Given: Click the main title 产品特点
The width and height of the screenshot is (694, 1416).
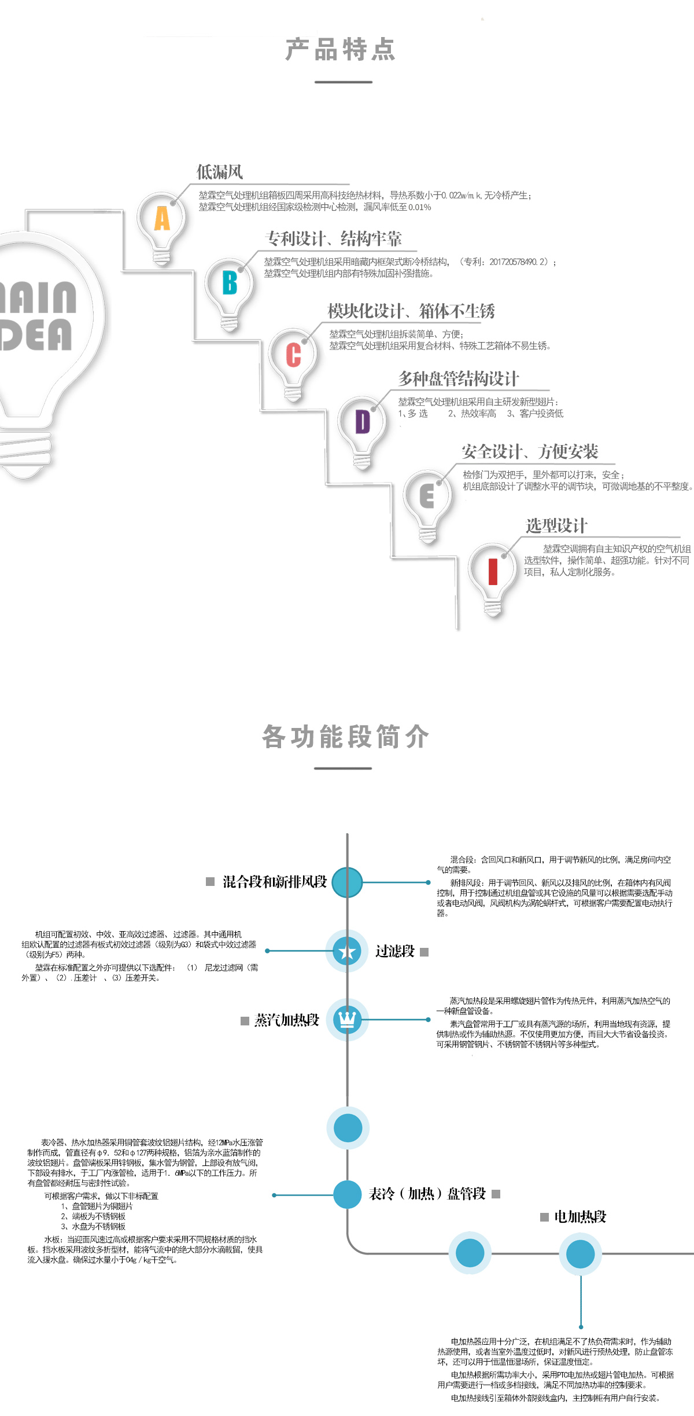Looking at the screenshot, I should [341, 50].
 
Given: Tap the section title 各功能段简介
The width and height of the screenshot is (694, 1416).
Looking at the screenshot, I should [345, 737].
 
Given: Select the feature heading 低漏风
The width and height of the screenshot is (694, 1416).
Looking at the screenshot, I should [220, 172].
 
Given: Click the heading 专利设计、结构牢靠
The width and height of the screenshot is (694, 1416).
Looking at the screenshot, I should [333, 238].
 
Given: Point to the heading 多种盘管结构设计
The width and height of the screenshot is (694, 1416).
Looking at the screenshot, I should [459, 379].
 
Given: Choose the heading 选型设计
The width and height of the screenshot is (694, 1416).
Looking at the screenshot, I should [556, 526].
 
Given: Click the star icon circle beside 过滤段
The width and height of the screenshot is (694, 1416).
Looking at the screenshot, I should [347, 951].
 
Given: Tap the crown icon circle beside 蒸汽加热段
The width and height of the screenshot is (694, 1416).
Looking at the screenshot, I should [347, 1019].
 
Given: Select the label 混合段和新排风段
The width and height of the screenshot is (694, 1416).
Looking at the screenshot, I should [275, 881].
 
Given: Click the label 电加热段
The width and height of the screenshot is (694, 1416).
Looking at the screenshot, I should [580, 1216].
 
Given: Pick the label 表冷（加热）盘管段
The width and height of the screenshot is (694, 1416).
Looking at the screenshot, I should [427, 1193].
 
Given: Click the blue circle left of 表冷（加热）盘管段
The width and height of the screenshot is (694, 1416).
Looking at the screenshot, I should [348, 1194].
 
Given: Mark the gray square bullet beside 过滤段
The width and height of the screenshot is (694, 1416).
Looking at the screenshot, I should [424, 952].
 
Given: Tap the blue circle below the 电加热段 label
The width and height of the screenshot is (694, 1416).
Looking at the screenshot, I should [580, 1253].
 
